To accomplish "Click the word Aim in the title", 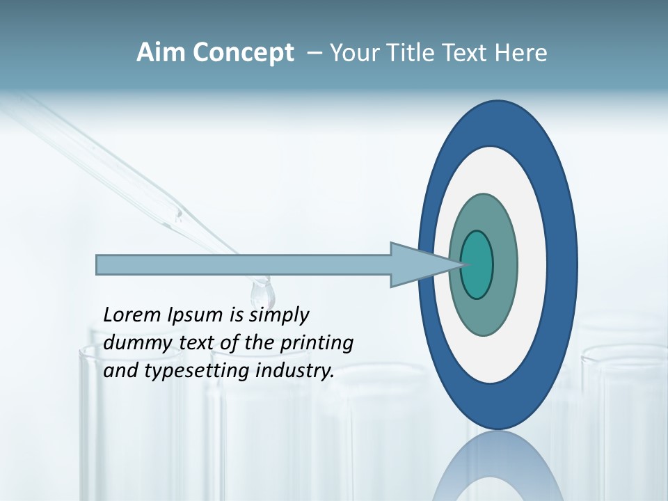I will [x=160, y=53].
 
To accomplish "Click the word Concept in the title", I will [x=242, y=53].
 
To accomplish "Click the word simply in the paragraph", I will [x=278, y=315].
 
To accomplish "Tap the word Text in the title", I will [x=465, y=53].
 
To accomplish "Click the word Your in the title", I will [x=351, y=53].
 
